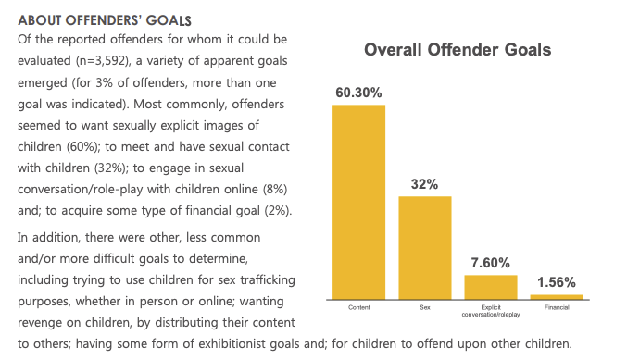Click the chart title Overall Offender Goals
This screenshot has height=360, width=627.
pyautogui.click(x=458, y=49)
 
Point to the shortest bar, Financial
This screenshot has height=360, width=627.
pyautogui.click(x=557, y=296)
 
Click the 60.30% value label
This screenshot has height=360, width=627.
pyautogui.click(x=358, y=93)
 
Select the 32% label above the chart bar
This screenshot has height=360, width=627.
pyautogui.click(x=424, y=184)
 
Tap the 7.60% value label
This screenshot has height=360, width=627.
pyautogui.click(x=490, y=263)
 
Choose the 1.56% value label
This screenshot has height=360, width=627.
pyautogui.click(x=557, y=282)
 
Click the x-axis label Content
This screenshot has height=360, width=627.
pyautogui.click(x=358, y=305)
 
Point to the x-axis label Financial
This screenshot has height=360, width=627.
pyautogui.click(x=557, y=305)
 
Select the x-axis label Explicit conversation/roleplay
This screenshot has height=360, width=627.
pyautogui.click(x=490, y=309)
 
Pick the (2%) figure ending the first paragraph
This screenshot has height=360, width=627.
pyautogui.click(x=275, y=211)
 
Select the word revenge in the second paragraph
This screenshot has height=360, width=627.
pyautogui.click(x=40, y=324)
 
